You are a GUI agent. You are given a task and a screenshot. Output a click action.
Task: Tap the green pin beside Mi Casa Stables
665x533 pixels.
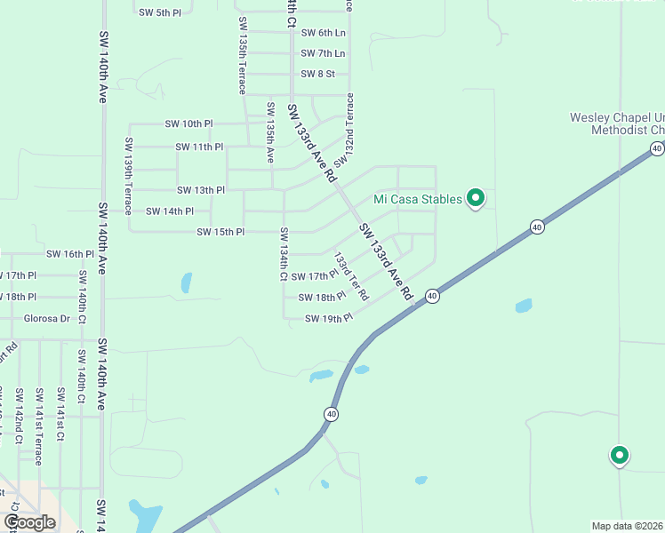coord(476,198)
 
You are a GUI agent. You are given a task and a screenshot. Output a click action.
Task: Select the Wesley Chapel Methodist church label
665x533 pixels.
coord(618,123)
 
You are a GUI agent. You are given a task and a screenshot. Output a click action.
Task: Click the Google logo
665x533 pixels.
coord(29,522)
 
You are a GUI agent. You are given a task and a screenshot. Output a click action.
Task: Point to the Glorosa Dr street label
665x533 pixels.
coord(46,318)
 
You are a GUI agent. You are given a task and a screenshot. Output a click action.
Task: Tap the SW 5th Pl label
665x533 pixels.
coord(160,12)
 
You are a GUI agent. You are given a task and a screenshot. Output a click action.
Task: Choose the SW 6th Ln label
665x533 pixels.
coord(323,33)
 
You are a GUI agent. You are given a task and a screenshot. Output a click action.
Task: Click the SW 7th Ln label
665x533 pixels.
coord(323,54)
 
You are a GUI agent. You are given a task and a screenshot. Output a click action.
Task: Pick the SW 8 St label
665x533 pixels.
coord(317,75)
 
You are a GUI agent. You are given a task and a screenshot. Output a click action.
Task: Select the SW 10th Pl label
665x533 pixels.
coord(188,124)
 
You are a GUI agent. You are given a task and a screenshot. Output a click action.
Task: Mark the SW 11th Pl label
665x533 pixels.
coord(199,147)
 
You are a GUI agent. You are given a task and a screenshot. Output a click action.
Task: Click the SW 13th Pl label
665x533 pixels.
coord(200,190)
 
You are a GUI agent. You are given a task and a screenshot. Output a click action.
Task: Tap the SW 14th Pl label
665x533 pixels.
coord(170,211)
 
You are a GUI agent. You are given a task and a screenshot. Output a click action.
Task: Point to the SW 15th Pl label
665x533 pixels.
coord(220,233)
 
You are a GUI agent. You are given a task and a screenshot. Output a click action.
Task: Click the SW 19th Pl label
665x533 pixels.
coord(328,318)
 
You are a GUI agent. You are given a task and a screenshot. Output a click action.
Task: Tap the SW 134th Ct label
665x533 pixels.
coord(284,254)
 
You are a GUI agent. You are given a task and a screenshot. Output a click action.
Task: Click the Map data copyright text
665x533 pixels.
coord(628,526)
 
